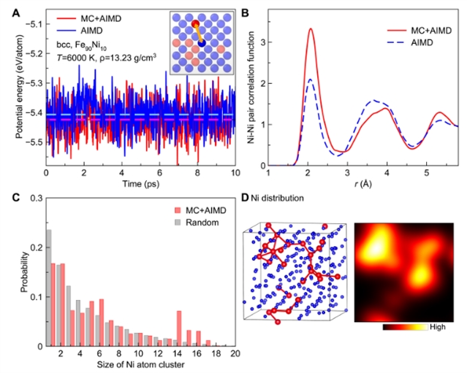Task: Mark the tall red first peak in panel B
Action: (311, 30)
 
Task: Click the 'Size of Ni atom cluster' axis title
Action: (139, 364)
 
